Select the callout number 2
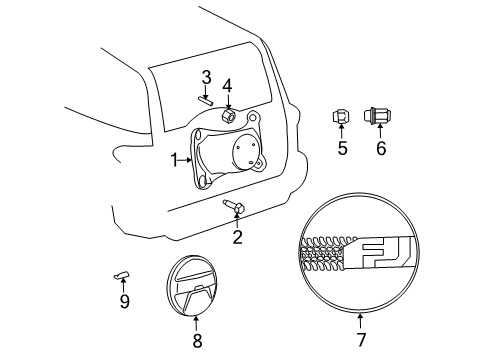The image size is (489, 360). coord(237,237)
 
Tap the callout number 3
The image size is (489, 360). coord(205,76)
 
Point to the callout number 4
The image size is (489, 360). coord(227,85)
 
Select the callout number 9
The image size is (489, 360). coord(124,301)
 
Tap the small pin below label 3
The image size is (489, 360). coord(205,98)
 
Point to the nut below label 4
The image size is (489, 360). coord(227,116)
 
